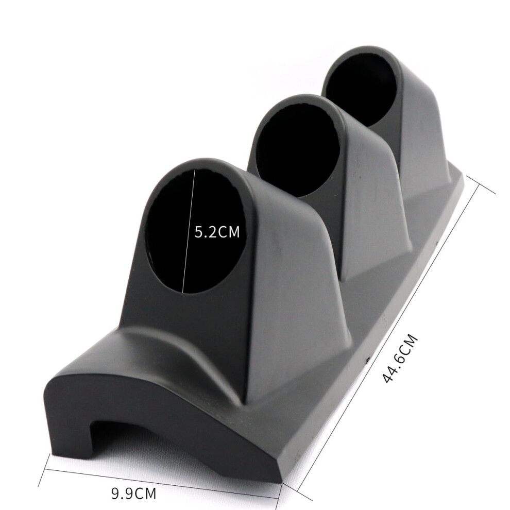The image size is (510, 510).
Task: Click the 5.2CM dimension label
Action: coord(217,232)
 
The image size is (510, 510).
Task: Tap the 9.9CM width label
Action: coord(133,493)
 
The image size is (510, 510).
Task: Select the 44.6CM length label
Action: coord(400,359)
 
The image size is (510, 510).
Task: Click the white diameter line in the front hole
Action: coord(189,231)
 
